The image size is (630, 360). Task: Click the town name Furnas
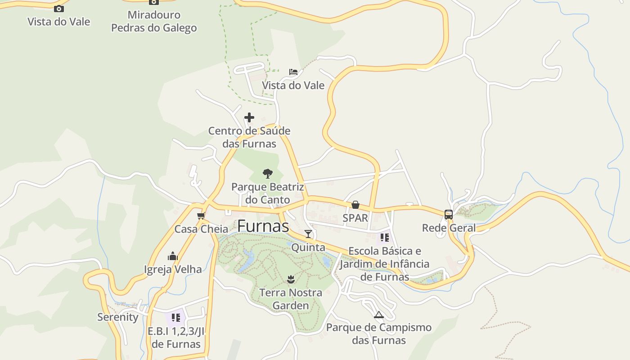pyautogui.click(x=263, y=226)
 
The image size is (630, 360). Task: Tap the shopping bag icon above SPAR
pyautogui.click(x=355, y=205)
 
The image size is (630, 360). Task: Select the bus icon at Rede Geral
pyautogui.click(x=449, y=215)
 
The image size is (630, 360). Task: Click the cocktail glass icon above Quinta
pyautogui.click(x=308, y=234)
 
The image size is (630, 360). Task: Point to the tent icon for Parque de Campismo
pyautogui.click(x=378, y=315)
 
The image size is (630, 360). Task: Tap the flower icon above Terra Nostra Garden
pyautogui.click(x=291, y=280)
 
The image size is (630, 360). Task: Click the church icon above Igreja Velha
pyautogui.click(x=173, y=256)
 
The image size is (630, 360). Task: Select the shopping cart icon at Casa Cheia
pyautogui.click(x=201, y=216)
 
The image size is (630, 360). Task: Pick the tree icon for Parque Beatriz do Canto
pyautogui.click(x=268, y=173)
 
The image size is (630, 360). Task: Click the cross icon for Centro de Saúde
pyautogui.click(x=249, y=118)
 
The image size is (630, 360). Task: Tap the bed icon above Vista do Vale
pyautogui.click(x=293, y=72)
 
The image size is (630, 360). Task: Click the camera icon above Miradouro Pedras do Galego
pyautogui.click(x=154, y=2)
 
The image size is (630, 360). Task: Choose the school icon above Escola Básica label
pyautogui.click(x=385, y=237)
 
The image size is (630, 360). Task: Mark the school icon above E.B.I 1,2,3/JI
pyautogui.click(x=176, y=318)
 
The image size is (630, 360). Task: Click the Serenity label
pyautogui.click(x=118, y=317)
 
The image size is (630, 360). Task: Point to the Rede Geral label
pyautogui.click(x=449, y=228)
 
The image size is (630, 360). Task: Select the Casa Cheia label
pyautogui.click(x=201, y=229)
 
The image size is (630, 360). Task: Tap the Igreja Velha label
pyautogui.click(x=173, y=270)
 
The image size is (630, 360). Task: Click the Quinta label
pyautogui.click(x=308, y=247)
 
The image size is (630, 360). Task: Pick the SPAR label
pyautogui.click(x=355, y=218)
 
